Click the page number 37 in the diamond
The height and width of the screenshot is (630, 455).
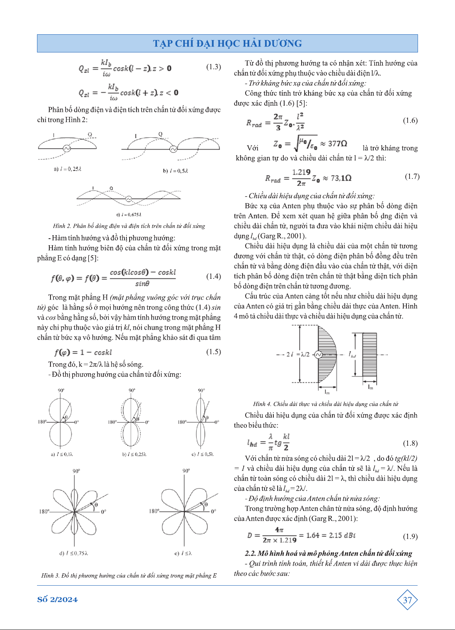[407, 600]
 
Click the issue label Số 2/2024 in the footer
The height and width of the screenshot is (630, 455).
[57, 600]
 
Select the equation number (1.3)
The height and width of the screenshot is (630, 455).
[214, 67]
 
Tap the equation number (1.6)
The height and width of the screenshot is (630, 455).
[410, 121]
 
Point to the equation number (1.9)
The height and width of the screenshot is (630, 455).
[410, 536]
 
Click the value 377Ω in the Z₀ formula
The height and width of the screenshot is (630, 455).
[337, 144]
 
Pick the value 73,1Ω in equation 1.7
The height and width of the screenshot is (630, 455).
[341, 178]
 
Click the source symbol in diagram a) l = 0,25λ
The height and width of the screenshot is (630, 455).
[67, 148]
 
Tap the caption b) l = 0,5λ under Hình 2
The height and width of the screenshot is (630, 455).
[175, 171]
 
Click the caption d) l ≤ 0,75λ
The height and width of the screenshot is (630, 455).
[73, 553]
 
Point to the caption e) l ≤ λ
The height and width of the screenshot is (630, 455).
[183, 553]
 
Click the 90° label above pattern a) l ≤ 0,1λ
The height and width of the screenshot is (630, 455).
[61, 391]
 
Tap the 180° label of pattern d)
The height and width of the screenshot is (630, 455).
[44, 512]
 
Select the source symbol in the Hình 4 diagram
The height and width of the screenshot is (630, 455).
[318, 355]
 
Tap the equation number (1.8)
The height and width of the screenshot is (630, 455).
[410, 443]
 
